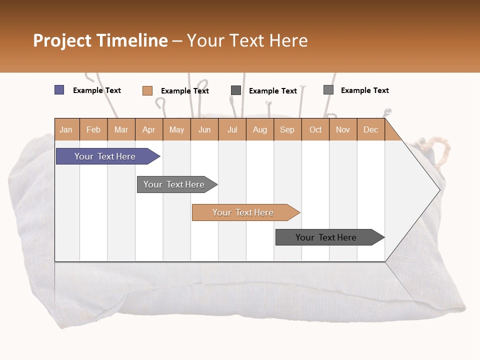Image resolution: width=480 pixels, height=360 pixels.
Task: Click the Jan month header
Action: pyautogui.click(x=66, y=129)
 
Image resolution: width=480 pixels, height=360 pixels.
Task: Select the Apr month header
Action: pyautogui.click(x=149, y=129)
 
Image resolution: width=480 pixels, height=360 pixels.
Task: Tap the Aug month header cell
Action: pyautogui.click(x=260, y=129)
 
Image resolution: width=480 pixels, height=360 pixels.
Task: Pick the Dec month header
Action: pyautogui.click(x=371, y=129)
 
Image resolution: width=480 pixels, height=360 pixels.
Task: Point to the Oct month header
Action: pyautogui.click(x=315, y=129)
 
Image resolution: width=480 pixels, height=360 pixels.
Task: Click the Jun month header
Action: pyautogui.click(x=204, y=129)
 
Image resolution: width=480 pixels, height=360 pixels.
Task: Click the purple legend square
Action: pyautogui.click(x=59, y=90)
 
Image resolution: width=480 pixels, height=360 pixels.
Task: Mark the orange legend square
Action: pyautogui.click(x=147, y=90)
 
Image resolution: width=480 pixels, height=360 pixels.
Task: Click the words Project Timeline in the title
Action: pyautogui.click(x=100, y=40)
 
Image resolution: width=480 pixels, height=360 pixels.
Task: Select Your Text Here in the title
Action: pyautogui.click(x=247, y=40)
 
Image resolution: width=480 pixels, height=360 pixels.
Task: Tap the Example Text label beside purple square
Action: pyautogui.click(x=97, y=90)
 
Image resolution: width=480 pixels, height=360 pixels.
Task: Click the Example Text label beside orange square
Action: pyautogui.click(x=185, y=91)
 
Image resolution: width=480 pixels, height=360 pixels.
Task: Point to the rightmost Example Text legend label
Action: pyautogui.click(x=365, y=90)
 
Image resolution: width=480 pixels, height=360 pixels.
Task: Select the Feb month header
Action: pyautogui.click(x=93, y=129)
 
